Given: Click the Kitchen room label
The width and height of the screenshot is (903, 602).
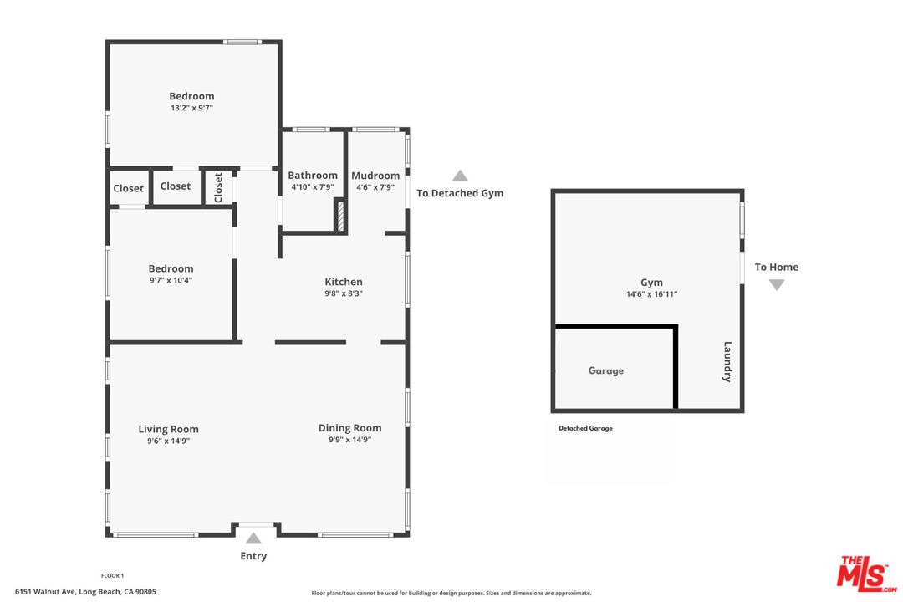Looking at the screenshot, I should click(344, 282).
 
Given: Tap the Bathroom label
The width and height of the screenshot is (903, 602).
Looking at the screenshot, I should click(313, 176).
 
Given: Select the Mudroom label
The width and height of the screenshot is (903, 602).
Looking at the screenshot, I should click(375, 176).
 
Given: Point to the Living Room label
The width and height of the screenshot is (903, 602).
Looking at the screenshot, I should click(168, 429).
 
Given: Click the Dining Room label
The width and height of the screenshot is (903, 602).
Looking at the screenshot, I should click(349, 428).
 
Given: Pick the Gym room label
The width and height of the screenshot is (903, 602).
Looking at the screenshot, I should click(651, 283).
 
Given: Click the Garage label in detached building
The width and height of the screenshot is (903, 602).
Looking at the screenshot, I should click(605, 370).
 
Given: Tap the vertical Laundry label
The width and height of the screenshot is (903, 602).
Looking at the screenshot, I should click(727, 361).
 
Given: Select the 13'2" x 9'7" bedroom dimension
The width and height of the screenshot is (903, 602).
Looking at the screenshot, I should click(191, 108).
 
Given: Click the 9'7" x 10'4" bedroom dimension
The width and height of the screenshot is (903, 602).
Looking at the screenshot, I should click(171, 280).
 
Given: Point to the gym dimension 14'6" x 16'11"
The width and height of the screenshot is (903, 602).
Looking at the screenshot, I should click(651, 294).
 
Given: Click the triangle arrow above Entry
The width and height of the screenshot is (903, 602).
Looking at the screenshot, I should click(253, 538).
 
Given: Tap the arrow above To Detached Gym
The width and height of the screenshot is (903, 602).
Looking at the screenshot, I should click(460, 176).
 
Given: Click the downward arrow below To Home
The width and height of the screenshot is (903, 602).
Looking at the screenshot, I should click(777, 285).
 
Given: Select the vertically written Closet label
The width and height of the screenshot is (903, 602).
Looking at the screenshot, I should click(219, 187).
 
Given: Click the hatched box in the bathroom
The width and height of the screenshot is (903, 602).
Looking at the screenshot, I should click(340, 215).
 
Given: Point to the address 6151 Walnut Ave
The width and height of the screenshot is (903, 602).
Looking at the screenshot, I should click(85, 592).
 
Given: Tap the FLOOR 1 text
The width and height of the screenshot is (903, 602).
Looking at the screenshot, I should click(112, 575).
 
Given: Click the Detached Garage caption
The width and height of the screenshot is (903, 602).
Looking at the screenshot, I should click(585, 428).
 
